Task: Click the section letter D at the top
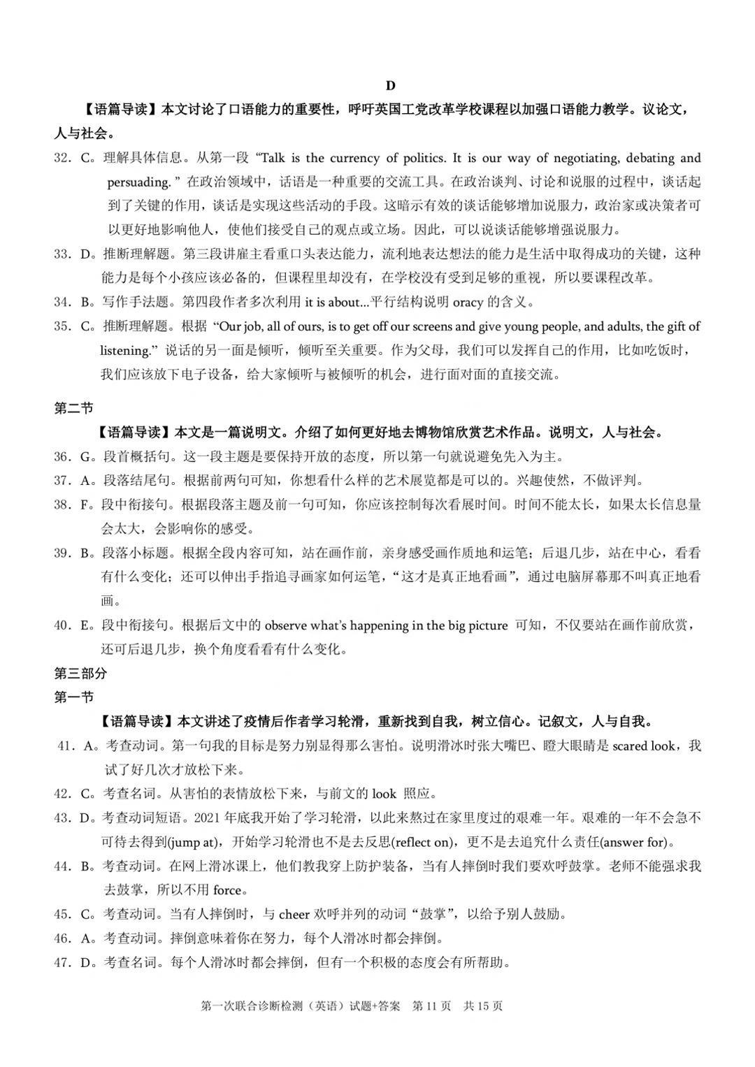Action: coord(390,85)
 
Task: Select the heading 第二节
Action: coord(73,408)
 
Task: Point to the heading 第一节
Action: coord(73,697)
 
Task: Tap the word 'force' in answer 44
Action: coord(226,890)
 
